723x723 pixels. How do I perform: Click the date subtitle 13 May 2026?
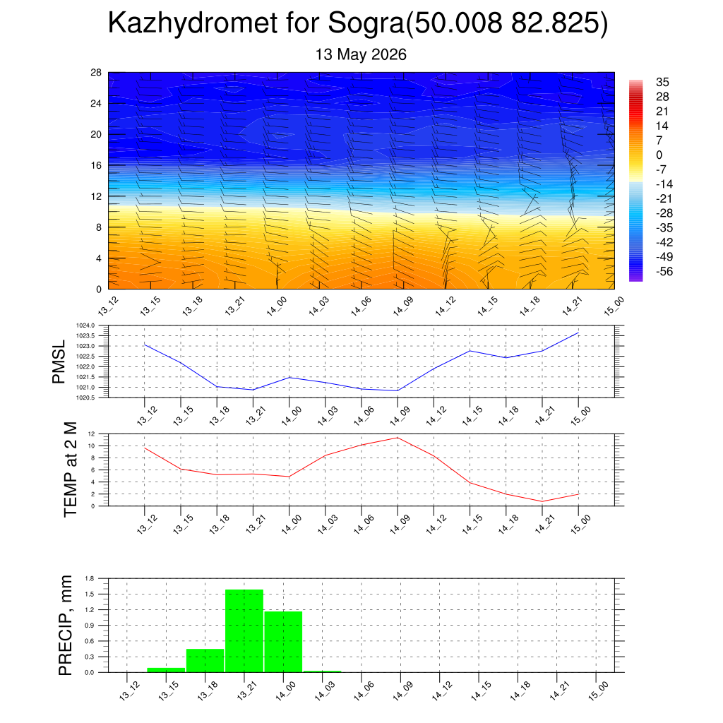click(x=361, y=54)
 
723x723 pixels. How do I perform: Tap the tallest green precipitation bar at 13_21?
click(x=244, y=631)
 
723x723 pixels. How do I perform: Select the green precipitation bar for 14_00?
click(x=283, y=642)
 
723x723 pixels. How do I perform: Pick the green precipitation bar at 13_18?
click(x=205, y=660)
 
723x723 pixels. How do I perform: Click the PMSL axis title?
click(x=59, y=362)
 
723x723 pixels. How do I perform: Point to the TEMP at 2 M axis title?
click(x=70, y=470)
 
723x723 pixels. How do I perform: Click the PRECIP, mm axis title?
click(x=66, y=626)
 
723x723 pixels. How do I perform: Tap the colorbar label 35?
click(x=662, y=82)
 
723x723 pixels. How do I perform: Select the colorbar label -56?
click(x=664, y=271)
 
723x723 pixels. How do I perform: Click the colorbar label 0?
click(x=659, y=155)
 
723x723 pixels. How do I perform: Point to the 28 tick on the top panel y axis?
click(x=96, y=73)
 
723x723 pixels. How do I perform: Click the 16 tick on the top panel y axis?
click(x=96, y=165)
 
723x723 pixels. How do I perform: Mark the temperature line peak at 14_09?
click(x=398, y=438)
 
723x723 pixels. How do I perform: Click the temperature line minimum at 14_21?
click(x=542, y=501)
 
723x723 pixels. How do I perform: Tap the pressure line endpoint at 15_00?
click(x=578, y=333)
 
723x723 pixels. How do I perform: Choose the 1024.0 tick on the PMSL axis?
click(x=85, y=325)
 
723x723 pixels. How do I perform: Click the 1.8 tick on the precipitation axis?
click(x=90, y=578)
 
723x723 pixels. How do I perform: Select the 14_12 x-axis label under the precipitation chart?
click(x=442, y=691)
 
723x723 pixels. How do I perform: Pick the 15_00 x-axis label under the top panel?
click(x=614, y=306)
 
